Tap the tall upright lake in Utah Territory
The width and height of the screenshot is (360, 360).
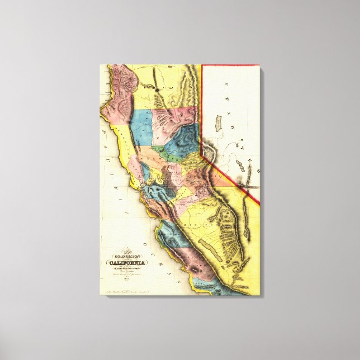[219, 123]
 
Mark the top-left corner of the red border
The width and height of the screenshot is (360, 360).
[202, 65]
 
